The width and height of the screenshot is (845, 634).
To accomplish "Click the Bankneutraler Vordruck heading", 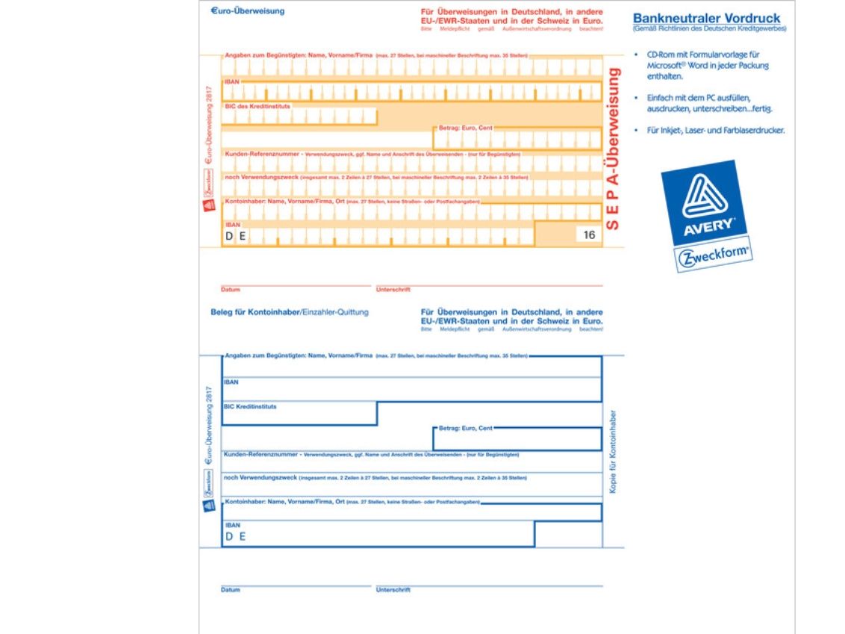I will [706, 18].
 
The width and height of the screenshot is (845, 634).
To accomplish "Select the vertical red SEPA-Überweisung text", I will [614, 148].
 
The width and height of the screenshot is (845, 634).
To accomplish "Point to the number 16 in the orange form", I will [590, 234].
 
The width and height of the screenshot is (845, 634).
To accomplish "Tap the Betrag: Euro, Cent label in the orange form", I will [465, 128].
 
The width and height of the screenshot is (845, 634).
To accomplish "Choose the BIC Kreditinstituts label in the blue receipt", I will [250, 407].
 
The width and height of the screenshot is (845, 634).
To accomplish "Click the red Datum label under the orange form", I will [230, 289].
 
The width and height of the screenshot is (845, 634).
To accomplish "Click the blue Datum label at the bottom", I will [230, 590].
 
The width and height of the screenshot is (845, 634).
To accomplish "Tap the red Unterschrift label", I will [393, 289].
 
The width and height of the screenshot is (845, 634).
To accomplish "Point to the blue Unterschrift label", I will [393, 590].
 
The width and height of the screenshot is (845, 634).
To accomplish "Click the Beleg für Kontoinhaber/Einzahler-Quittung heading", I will [289, 312].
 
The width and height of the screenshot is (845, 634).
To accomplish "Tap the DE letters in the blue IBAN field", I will [236, 535].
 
